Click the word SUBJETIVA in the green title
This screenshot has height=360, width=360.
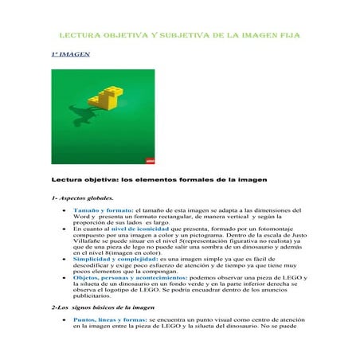point(174,36)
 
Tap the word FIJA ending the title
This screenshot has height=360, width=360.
point(288,36)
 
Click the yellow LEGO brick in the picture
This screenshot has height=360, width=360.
point(109,97)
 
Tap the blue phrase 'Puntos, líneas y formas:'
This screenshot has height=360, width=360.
point(110,340)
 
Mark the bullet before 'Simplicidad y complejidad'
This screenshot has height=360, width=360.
point(63,260)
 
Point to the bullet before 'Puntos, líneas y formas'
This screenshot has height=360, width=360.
point(63,340)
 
